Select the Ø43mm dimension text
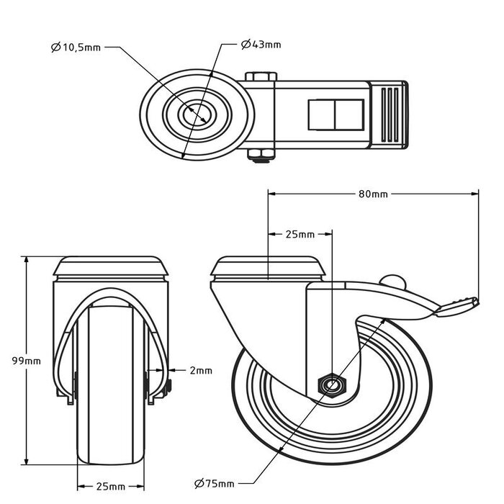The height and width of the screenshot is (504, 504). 261,45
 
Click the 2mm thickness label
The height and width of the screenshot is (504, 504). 202,371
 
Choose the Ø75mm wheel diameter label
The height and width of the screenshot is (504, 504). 215,482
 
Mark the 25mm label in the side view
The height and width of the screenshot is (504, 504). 300,235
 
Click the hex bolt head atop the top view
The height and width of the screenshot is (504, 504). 260,77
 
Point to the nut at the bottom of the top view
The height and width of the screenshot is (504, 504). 260,153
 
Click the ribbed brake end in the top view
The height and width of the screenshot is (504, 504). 390,115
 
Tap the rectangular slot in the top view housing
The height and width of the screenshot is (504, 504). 328,114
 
